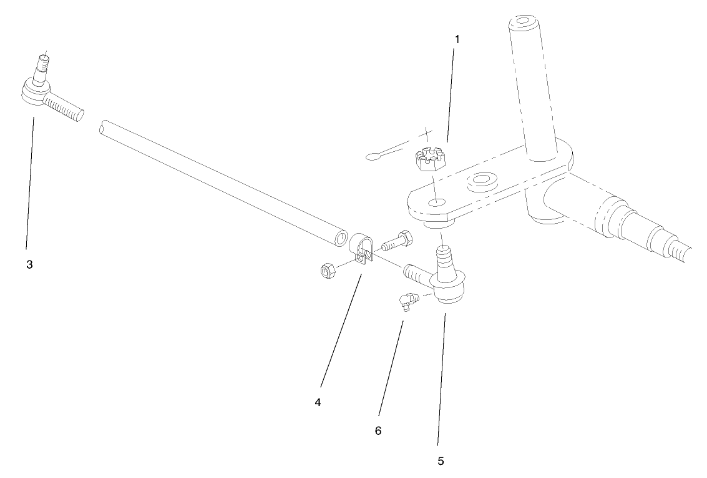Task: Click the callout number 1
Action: (x=457, y=40)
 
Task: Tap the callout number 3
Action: (x=29, y=264)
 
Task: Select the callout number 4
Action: (x=318, y=402)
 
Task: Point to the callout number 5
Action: (x=441, y=461)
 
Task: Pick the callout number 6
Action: (x=378, y=431)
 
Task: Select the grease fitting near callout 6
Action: (x=407, y=301)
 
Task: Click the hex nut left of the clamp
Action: (x=326, y=271)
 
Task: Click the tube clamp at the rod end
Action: (x=361, y=249)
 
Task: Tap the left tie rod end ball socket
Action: (x=33, y=92)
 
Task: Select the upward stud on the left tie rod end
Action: (x=41, y=67)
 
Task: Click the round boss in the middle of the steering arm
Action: (x=482, y=180)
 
